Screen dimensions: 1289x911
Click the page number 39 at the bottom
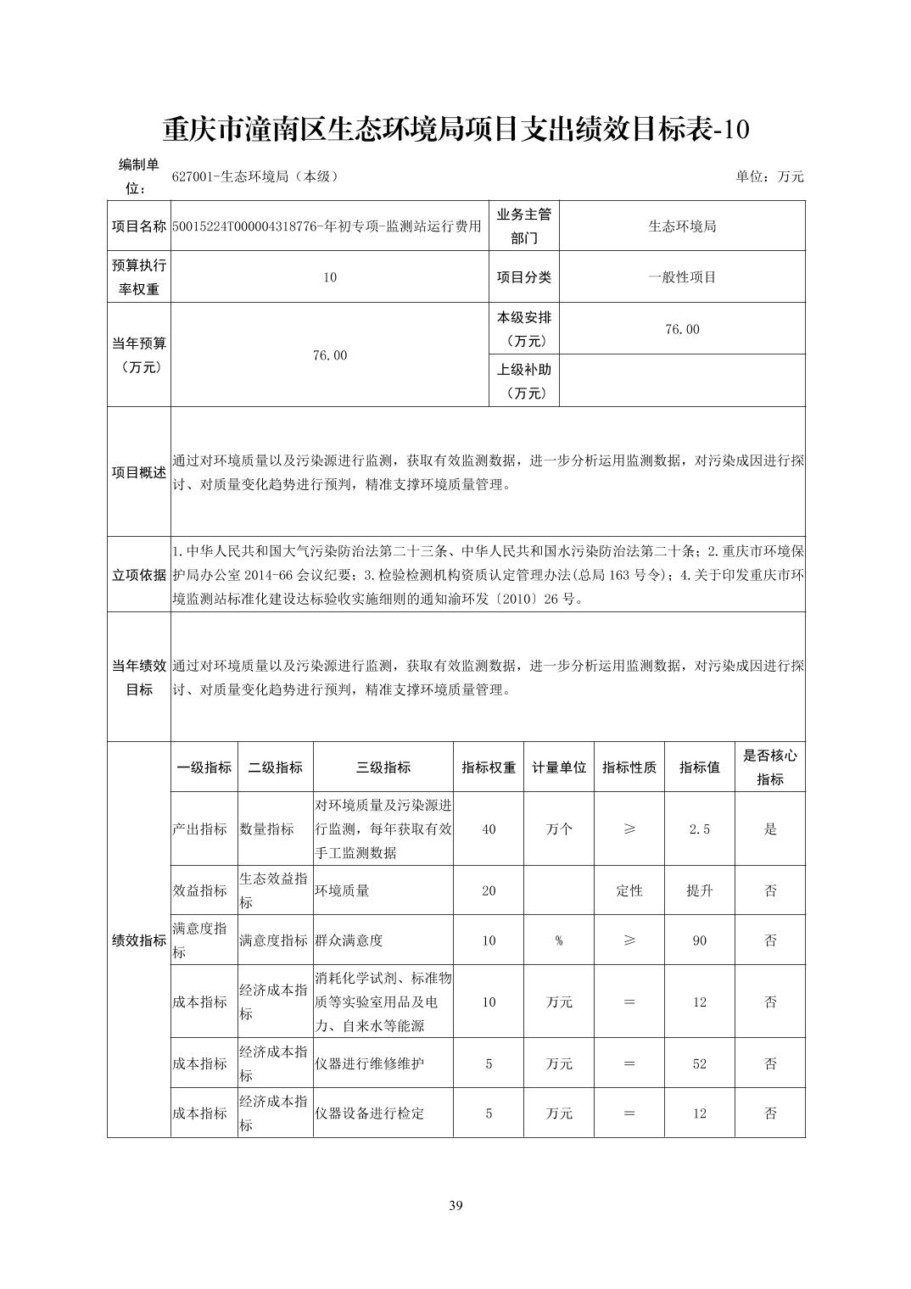455,1206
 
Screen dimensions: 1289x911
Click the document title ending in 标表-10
455,130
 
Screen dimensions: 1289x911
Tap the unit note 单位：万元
769,176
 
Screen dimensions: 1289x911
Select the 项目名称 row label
139,226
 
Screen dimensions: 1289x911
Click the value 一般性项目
682,276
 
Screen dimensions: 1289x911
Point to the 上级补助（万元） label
524,381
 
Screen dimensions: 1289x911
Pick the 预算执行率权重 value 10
330,276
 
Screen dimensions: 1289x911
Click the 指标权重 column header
489,767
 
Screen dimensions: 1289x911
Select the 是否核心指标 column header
769,767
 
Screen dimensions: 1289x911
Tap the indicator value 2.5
699,829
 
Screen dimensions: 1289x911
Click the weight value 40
489,829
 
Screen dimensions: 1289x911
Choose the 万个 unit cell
559,829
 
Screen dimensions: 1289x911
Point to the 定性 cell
629,890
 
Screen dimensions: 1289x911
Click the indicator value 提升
699,890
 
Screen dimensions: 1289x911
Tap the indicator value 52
699,1063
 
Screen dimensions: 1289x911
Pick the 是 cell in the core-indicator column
769,829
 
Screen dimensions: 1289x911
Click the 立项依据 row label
139,574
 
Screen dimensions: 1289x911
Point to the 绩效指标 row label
139,940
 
